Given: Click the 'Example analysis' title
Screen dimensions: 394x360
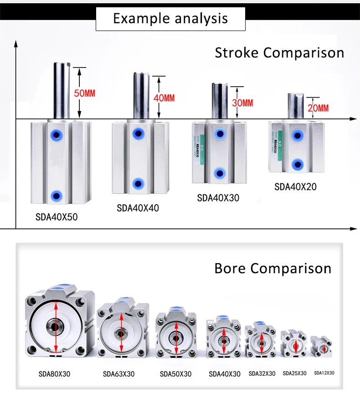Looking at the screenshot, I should point(170,18).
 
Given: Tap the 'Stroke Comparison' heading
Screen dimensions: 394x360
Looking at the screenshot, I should point(279,52).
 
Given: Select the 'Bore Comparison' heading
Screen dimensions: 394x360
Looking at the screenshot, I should point(273,268).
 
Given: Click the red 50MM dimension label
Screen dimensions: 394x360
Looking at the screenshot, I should point(85,93).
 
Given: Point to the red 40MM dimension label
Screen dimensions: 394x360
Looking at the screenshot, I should point(164,98).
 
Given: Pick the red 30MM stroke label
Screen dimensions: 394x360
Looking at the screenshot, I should point(242,103).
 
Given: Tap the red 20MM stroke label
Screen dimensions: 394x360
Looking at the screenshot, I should point(318,108).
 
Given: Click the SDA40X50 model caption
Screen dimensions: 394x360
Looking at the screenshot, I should point(57,217).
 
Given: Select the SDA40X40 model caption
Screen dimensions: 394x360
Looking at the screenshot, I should point(138,208).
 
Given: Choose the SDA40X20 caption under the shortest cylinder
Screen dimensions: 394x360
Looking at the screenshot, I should point(295,187).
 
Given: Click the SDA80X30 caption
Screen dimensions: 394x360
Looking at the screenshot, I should point(55,374).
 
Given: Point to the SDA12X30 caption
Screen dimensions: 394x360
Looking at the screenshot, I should point(324,373).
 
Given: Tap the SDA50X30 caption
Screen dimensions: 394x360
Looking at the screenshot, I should point(175,374).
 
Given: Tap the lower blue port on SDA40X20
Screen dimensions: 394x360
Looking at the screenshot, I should point(298,164).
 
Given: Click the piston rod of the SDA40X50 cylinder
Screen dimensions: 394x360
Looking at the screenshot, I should point(62,91).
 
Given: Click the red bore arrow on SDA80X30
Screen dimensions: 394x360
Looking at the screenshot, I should point(56,327).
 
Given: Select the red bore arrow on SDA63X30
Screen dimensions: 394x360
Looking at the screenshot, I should point(121,332).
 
